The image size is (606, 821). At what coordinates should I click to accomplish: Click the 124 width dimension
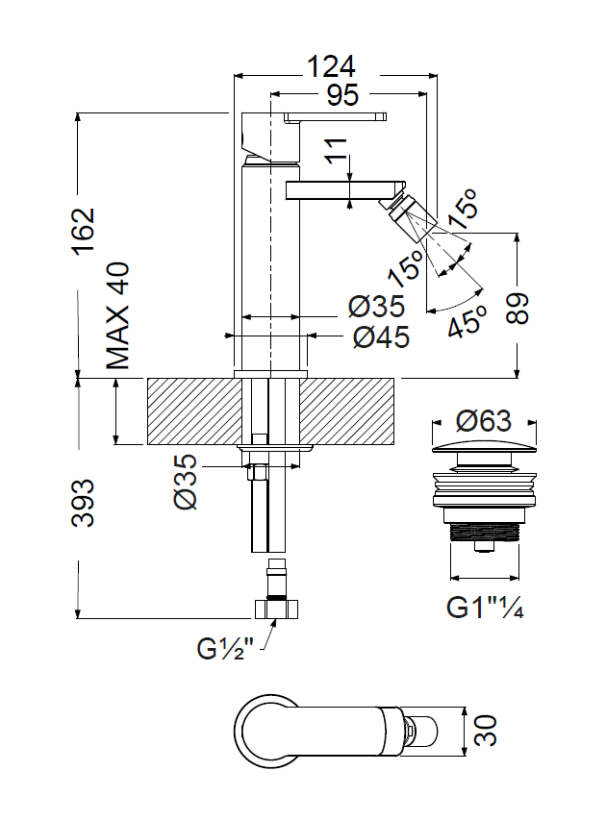click(331, 67)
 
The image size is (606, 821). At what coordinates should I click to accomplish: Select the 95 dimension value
click(343, 95)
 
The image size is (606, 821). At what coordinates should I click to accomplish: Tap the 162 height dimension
click(84, 231)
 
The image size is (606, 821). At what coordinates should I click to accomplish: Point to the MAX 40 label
click(117, 316)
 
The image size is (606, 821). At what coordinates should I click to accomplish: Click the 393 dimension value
click(84, 502)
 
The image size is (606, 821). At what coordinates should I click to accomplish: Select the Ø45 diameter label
click(381, 337)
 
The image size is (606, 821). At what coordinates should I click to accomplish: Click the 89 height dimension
click(518, 309)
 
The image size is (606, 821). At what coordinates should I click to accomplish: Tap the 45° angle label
click(467, 320)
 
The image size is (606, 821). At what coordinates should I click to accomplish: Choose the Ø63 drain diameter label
click(484, 421)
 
